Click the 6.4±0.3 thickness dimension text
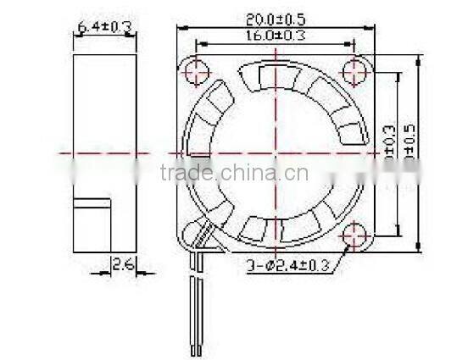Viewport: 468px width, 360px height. click(105, 27)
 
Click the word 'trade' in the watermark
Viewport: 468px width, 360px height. click(186, 174)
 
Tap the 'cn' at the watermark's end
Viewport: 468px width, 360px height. click(297, 174)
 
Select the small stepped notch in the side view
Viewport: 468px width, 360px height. click(93, 204)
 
